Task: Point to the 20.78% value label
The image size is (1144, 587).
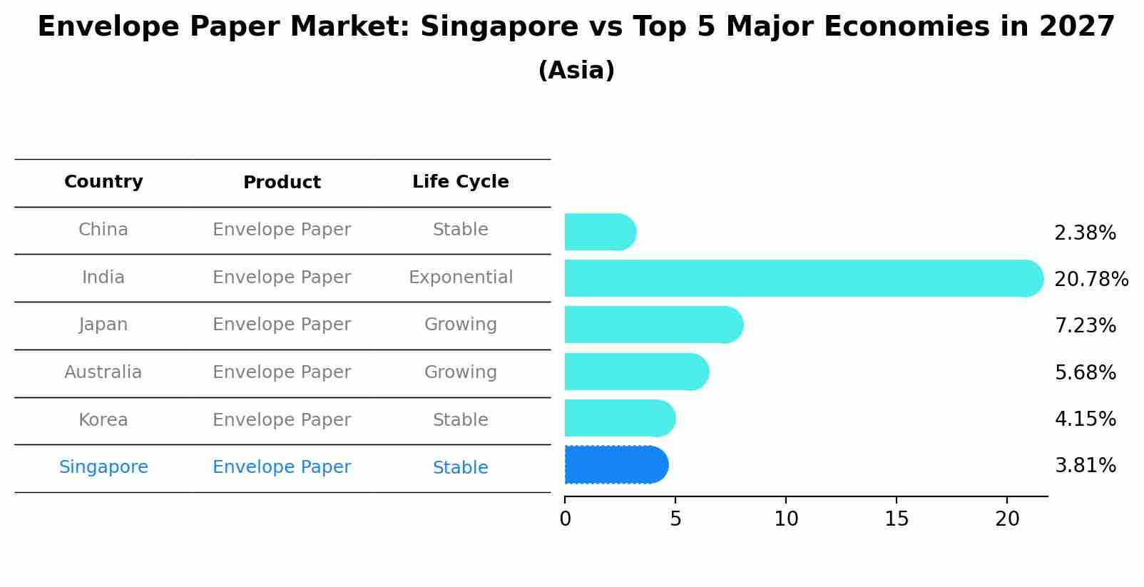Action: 1091,279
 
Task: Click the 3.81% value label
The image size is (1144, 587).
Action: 1085,466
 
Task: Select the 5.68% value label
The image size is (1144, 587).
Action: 1085,372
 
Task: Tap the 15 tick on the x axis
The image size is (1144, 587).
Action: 897,519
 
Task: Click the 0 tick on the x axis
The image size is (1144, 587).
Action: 566,519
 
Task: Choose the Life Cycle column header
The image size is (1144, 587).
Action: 460,182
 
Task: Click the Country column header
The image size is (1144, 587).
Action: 103,182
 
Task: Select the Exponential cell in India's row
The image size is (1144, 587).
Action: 460,277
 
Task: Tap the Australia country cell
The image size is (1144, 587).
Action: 103,372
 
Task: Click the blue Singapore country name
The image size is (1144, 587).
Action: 103,467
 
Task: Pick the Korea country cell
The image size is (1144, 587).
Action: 103,420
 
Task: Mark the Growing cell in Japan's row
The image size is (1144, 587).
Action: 460,325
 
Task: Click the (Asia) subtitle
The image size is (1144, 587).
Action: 576,71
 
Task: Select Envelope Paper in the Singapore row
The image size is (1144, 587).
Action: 282,467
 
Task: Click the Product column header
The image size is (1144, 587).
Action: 282,183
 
